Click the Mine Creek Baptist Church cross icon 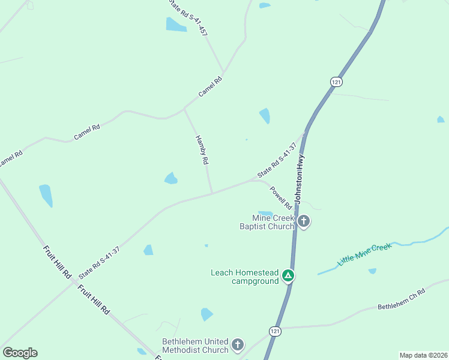[304, 221]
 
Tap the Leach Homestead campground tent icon [289, 276]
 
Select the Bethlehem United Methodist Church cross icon [238, 345]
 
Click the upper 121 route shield [336, 81]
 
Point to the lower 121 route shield [275, 331]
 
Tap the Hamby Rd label [202, 150]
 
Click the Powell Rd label [280, 197]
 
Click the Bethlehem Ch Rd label [401, 299]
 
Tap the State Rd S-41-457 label [187, 17]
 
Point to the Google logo [20, 353]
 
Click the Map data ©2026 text [423, 355]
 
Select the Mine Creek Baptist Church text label [267, 222]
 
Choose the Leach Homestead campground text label [245, 277]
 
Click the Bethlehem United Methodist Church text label [196, 346]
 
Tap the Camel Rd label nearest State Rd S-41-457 [211, 88]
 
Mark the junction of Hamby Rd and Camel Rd [184, 110]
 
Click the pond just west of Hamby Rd [171, 178]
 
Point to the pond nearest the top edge [265, 5]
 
